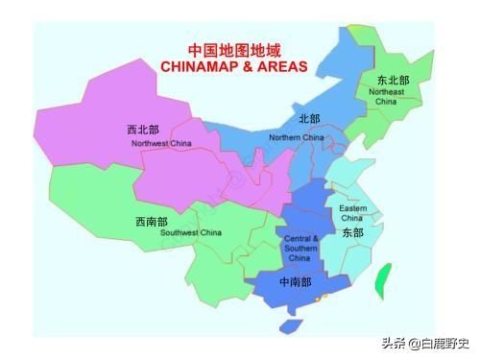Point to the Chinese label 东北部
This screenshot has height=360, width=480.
[392, 80]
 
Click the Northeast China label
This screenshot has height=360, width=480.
[385, 95]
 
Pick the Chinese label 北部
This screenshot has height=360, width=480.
[309, 119]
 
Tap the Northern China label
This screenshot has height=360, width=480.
[297, 137]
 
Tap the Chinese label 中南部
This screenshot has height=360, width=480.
[295, 282]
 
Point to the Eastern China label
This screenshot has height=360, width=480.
[352, 212]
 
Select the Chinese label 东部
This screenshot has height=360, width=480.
[352, 232]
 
